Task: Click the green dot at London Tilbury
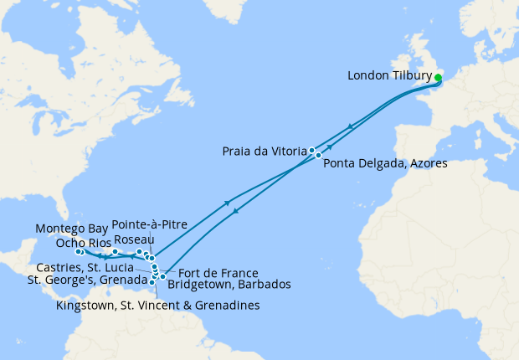[438, 78]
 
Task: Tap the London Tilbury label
[389, 76]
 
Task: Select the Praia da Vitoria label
[265, 152]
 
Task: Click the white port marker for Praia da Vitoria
[312, 151]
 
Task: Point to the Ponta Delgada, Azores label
[385, 164]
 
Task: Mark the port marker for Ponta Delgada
[319, 156]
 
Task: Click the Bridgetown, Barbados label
[229, 285]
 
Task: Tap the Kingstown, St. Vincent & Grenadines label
[157, 306]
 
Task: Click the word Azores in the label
[428, 164]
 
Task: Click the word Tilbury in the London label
[412, 76]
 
